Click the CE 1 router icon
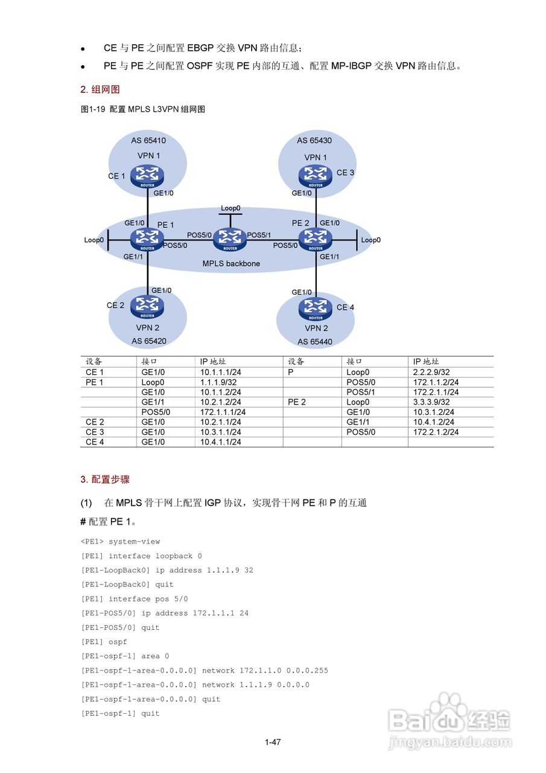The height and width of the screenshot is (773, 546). (x=148, y=176)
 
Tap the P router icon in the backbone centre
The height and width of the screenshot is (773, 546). (x=230, y=239)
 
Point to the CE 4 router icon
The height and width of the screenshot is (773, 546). (x=316, y=309)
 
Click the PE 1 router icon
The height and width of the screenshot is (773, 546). (x=147, y=239)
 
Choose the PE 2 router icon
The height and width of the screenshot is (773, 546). (x=315, y=239)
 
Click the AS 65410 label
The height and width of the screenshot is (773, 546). (x=148, y=141)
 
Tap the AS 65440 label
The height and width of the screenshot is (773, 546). (x=314, y=341)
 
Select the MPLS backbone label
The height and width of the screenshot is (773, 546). (x=231, y=263)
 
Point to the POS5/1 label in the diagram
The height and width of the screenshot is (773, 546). (x=259, y=235)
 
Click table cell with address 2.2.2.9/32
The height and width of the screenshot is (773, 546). (x=431, y=372)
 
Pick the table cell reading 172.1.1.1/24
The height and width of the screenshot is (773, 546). (x=223, y=412)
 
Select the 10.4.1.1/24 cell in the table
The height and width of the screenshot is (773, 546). (x=221, y=442)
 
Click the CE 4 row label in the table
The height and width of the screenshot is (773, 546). (x=95, y=442)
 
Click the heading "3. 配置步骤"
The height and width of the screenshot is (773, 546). (x=105, y=480)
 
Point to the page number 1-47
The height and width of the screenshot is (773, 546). (x=273, y=742)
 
